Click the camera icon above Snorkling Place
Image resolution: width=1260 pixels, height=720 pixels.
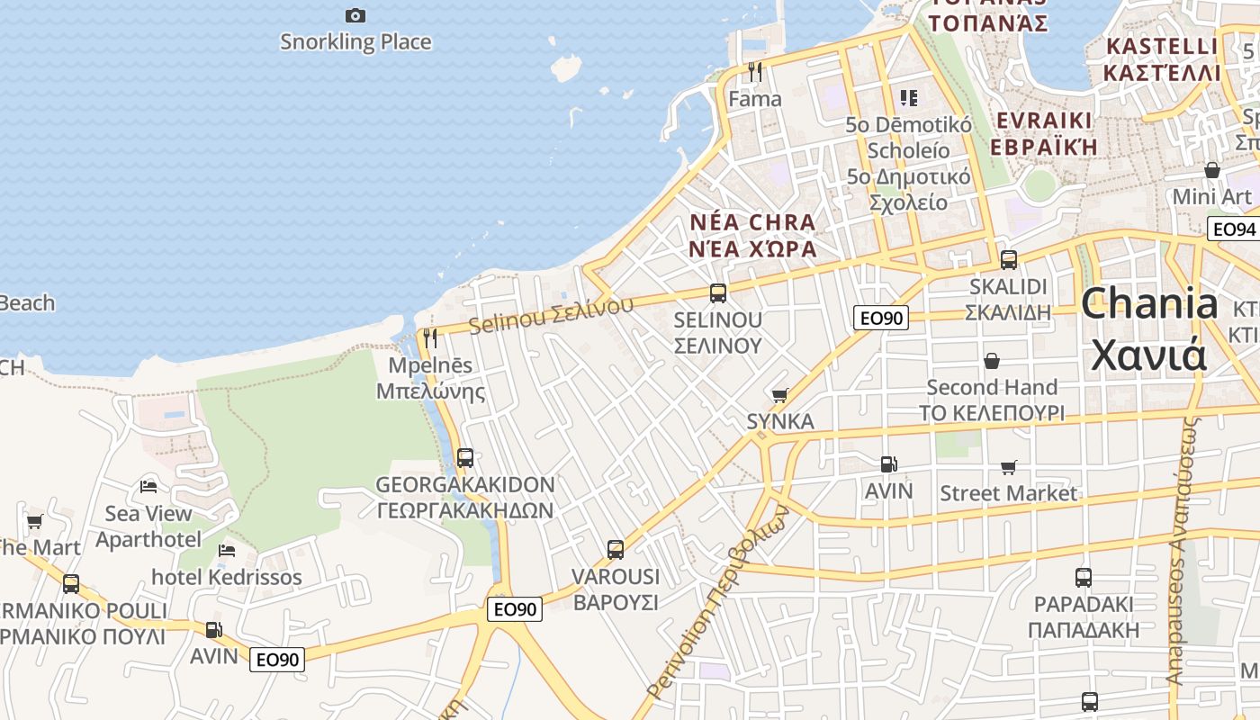(355, 15)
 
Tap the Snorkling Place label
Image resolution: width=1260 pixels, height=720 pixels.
(355, 41)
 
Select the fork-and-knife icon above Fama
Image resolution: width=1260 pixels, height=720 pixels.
(755, 72)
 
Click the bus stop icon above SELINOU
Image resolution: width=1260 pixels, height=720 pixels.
(717, 292)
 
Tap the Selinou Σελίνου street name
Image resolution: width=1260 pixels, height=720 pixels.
(551, 314)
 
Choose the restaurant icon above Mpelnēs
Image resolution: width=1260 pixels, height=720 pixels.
(430, 338)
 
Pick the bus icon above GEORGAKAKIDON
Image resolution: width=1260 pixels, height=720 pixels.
(464, 457)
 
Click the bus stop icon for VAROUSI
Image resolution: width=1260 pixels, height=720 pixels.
(616, 549)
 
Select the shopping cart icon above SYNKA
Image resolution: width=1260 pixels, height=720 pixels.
(779, 395)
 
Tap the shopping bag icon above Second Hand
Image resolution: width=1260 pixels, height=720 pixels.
(991, 361)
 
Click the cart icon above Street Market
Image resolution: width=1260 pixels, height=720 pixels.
(1008, 467)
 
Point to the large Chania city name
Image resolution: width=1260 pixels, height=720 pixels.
(1148, 328)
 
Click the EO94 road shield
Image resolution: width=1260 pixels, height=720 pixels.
(1232, 229)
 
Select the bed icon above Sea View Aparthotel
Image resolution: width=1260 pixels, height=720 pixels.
(148, 487)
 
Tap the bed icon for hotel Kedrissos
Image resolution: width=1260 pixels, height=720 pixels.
(227, 550)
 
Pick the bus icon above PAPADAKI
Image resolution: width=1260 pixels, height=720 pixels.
(1084, 577)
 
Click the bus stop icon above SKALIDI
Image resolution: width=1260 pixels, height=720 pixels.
(1008, 260)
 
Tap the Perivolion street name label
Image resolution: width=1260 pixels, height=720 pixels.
(719, 601)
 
